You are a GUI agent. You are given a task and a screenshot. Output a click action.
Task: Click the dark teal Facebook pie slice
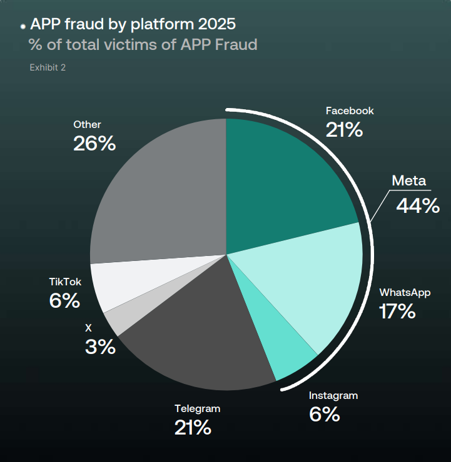tap(281, 181)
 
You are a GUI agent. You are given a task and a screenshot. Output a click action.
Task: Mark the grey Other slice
tap(163, 194)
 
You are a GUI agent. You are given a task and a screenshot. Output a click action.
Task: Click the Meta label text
tap(408, 181)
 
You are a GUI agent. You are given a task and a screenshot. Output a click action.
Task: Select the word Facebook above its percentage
tap(350, 111)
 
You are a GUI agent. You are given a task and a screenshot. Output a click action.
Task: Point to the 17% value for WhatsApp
tap(397, 311)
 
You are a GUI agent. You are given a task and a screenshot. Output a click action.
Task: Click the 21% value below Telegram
tap(193, 428)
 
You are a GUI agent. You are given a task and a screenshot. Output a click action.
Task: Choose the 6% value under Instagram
tap(324, 414)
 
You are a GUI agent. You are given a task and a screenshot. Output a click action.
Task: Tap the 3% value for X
tap(100, 347)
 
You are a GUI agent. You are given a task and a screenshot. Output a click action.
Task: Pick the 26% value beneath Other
tap(94, 144)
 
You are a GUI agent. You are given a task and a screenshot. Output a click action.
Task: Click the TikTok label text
tap(65, 282)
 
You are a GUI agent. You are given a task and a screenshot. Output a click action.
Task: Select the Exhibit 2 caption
tap(48, 67)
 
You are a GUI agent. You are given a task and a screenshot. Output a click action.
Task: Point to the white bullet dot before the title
tap(23, 27)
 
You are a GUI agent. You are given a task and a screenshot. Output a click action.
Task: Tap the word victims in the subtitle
tap(144, 45)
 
